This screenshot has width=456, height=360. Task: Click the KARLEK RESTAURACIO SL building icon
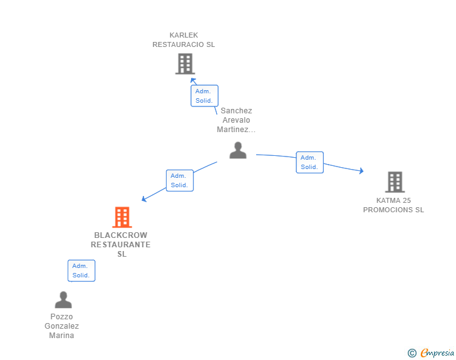pos(185,64)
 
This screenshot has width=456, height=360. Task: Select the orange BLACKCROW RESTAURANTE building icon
pos(122,217)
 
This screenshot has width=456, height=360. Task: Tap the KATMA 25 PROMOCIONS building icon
pos(395,182)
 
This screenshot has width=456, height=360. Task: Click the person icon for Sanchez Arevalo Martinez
pos(238,150)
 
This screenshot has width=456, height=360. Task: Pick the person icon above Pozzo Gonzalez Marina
pos(63,299)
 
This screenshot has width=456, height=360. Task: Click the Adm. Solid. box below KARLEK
pos(204,96)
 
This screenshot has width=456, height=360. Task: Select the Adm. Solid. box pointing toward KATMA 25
pos(309,162)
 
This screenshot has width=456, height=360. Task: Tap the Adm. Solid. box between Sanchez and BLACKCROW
pos(180,180)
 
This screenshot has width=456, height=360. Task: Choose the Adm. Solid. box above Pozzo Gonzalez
pos(81,270)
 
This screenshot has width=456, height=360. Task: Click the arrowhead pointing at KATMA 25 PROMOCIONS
pos(361,171)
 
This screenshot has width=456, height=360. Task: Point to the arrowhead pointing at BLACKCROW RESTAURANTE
pos(143,199)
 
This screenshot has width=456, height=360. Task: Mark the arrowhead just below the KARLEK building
pos(193,80)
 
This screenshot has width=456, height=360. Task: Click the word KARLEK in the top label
pos(184,35)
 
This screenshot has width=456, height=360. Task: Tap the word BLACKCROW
pos(121,235)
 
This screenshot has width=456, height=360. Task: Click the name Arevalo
pos(236,120)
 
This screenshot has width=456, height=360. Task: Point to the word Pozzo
pos(61,317)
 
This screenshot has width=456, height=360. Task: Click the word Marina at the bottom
pos(61,336)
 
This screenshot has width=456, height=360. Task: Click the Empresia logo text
pos(437,353)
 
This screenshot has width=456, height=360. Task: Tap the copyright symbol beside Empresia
pos(412,353)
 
